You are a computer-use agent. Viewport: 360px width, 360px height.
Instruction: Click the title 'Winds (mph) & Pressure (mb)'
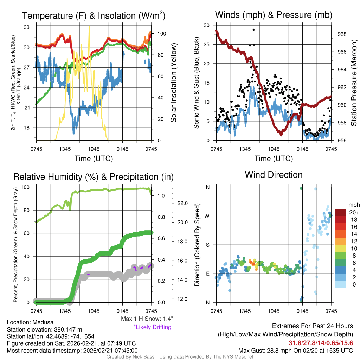[x=274, y=15]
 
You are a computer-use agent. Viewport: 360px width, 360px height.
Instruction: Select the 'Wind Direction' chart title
[x=274, y=175]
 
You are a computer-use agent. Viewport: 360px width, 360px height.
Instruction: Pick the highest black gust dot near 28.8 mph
[x=253, y=30]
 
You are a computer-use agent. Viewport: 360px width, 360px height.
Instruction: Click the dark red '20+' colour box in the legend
[x=341, y=212]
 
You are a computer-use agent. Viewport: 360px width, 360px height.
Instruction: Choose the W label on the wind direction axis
[x=208, y=216]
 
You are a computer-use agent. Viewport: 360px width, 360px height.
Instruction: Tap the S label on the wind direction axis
[x=208, y=245]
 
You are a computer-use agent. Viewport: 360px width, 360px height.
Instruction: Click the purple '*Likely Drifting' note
[x=152, y=327]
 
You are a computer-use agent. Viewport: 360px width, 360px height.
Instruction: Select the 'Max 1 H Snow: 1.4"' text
[x=147, y=319]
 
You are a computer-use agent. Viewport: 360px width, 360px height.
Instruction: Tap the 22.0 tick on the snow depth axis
[x=182, y=203]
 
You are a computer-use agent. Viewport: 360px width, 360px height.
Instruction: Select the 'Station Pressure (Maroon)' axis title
[x=354, y=82]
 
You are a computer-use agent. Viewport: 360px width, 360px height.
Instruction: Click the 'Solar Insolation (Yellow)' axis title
[x=173, y=83]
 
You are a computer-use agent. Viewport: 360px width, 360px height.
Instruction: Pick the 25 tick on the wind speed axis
[x=207, y=44]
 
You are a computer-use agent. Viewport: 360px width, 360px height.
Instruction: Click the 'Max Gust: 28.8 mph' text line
[x=295, y=350]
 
